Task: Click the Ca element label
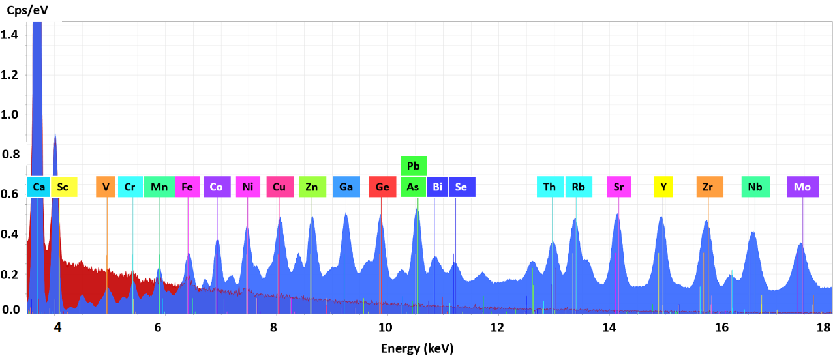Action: [x=38, y=187]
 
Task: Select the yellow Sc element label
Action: [x=63, y=187]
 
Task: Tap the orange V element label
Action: [x=105, y=187]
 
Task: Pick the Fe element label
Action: [x=187, y=187]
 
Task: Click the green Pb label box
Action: [x=414, y=166]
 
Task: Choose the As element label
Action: [x=413, y=187]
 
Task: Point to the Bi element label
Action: [x=437, y=187]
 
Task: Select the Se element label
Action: [x=461, y=187]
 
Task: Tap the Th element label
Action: [x=550, y=187]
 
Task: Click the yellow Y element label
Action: [x=663, y=187]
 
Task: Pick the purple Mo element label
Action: [x=802, y=187]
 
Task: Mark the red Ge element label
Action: [x=382, y=187]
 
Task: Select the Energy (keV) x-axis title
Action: [x=417, y=348]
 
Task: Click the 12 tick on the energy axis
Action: [x=497, y=327]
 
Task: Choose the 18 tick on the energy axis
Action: [x=823, y=327]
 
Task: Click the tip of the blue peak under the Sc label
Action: [x=55, y=134]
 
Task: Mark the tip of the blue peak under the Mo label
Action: [x=800, y=243]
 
